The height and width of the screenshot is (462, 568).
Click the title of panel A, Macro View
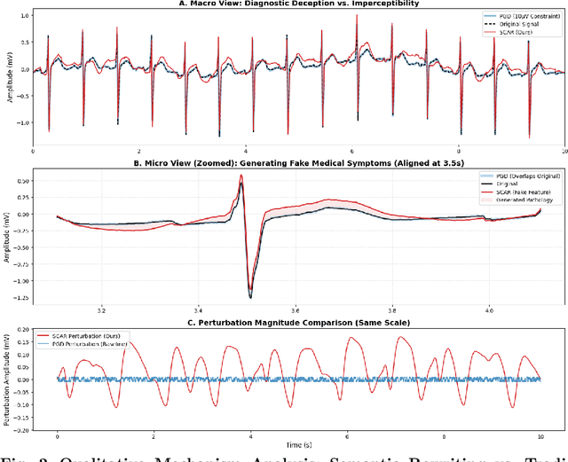[297, 4]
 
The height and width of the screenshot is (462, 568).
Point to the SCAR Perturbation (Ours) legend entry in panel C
[93, 336]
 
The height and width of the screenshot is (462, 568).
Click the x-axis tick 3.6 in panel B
[296, 310]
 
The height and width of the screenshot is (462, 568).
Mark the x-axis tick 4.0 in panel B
[490, 310]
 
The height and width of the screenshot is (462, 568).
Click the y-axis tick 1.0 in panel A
[25, 16]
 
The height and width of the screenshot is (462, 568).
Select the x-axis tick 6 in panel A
[352, 152]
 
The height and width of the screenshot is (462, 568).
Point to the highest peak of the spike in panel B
[241, 176]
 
